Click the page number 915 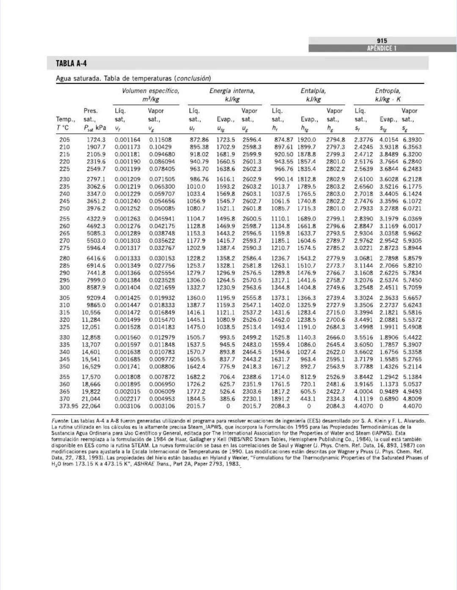[x=382, y=41]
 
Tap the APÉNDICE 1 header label [x=382, y=48]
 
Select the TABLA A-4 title [x=71, y=63]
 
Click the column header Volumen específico [x=150, y=91]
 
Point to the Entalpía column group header [x=313, y=91]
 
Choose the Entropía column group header [x=388, y=91]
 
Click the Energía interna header [x=232, y=91]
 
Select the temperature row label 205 [x=64, y=139]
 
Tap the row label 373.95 [x=69, y=406]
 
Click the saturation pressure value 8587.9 [x=96, y=287]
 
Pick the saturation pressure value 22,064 [x=91, y=406]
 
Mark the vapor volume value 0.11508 [x=160, y=139]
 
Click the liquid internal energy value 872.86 [x=199, y=139]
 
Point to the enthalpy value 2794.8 [x=335, y=139]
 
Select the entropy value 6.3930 [x=412, y=139]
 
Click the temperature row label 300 [x=64, y=287]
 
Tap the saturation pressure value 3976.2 [x=96, y=208]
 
